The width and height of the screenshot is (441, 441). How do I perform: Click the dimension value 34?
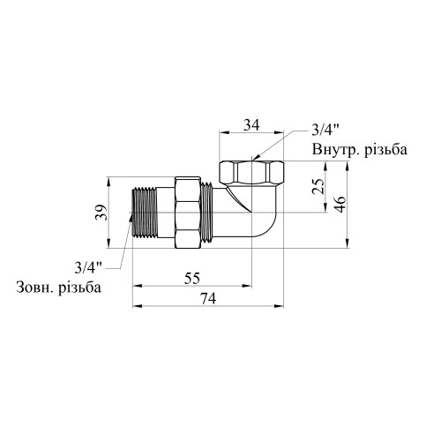coord(251,125)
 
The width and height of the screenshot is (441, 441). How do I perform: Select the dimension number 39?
coord(102,213)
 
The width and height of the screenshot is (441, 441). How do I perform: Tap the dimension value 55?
coord(192,278)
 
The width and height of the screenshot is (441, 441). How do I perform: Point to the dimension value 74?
coord(208,299)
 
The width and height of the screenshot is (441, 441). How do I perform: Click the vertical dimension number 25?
coord(318,186)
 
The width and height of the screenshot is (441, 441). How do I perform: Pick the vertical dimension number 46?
coord(340,204)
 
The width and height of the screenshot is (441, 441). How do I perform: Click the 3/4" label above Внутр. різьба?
coord(325,130)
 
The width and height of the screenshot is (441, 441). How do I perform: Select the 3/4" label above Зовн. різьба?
coord(88,267)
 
